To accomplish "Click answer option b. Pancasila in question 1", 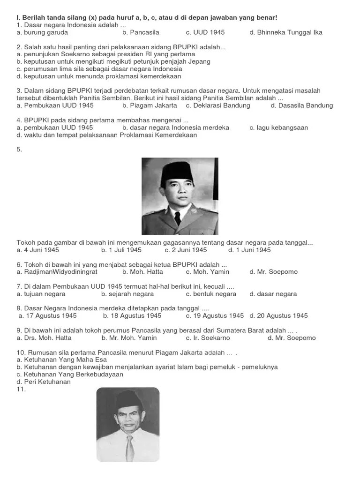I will click(141, 33).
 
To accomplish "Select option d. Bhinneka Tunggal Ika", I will click(286, 33).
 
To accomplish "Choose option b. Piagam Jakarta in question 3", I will click(150, 105).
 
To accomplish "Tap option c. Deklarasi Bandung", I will click(218, 105).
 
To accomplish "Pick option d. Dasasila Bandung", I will click(302, 105).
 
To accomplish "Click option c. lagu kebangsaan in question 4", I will click(279, 127).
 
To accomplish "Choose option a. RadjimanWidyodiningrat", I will click(59, 272).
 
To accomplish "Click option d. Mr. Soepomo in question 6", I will click(274, 272).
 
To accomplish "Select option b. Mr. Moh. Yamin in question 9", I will click(132, 338).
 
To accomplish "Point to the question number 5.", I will click(19, 150).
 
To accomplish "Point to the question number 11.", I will click(21, 389).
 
